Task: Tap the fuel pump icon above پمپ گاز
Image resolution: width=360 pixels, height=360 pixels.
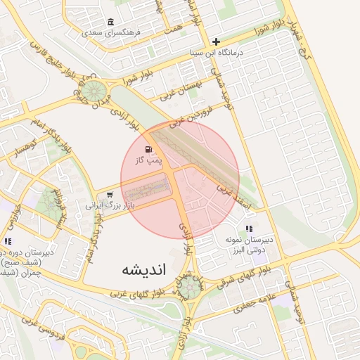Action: click(x=148, y=149)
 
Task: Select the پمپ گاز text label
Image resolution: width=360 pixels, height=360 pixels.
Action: click(x=149, y=161)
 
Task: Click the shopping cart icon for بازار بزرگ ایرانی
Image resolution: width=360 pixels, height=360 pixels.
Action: click(x=108, y=195)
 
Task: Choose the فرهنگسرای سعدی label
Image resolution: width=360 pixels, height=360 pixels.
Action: click(x=111, y=32)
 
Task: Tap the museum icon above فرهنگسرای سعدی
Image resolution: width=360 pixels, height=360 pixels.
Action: click(x=111, y=22)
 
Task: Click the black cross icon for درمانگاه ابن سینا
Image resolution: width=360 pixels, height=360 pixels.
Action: click(x=217, y=41)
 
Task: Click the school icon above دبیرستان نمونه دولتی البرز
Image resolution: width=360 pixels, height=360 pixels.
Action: click(x=249, y=229)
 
